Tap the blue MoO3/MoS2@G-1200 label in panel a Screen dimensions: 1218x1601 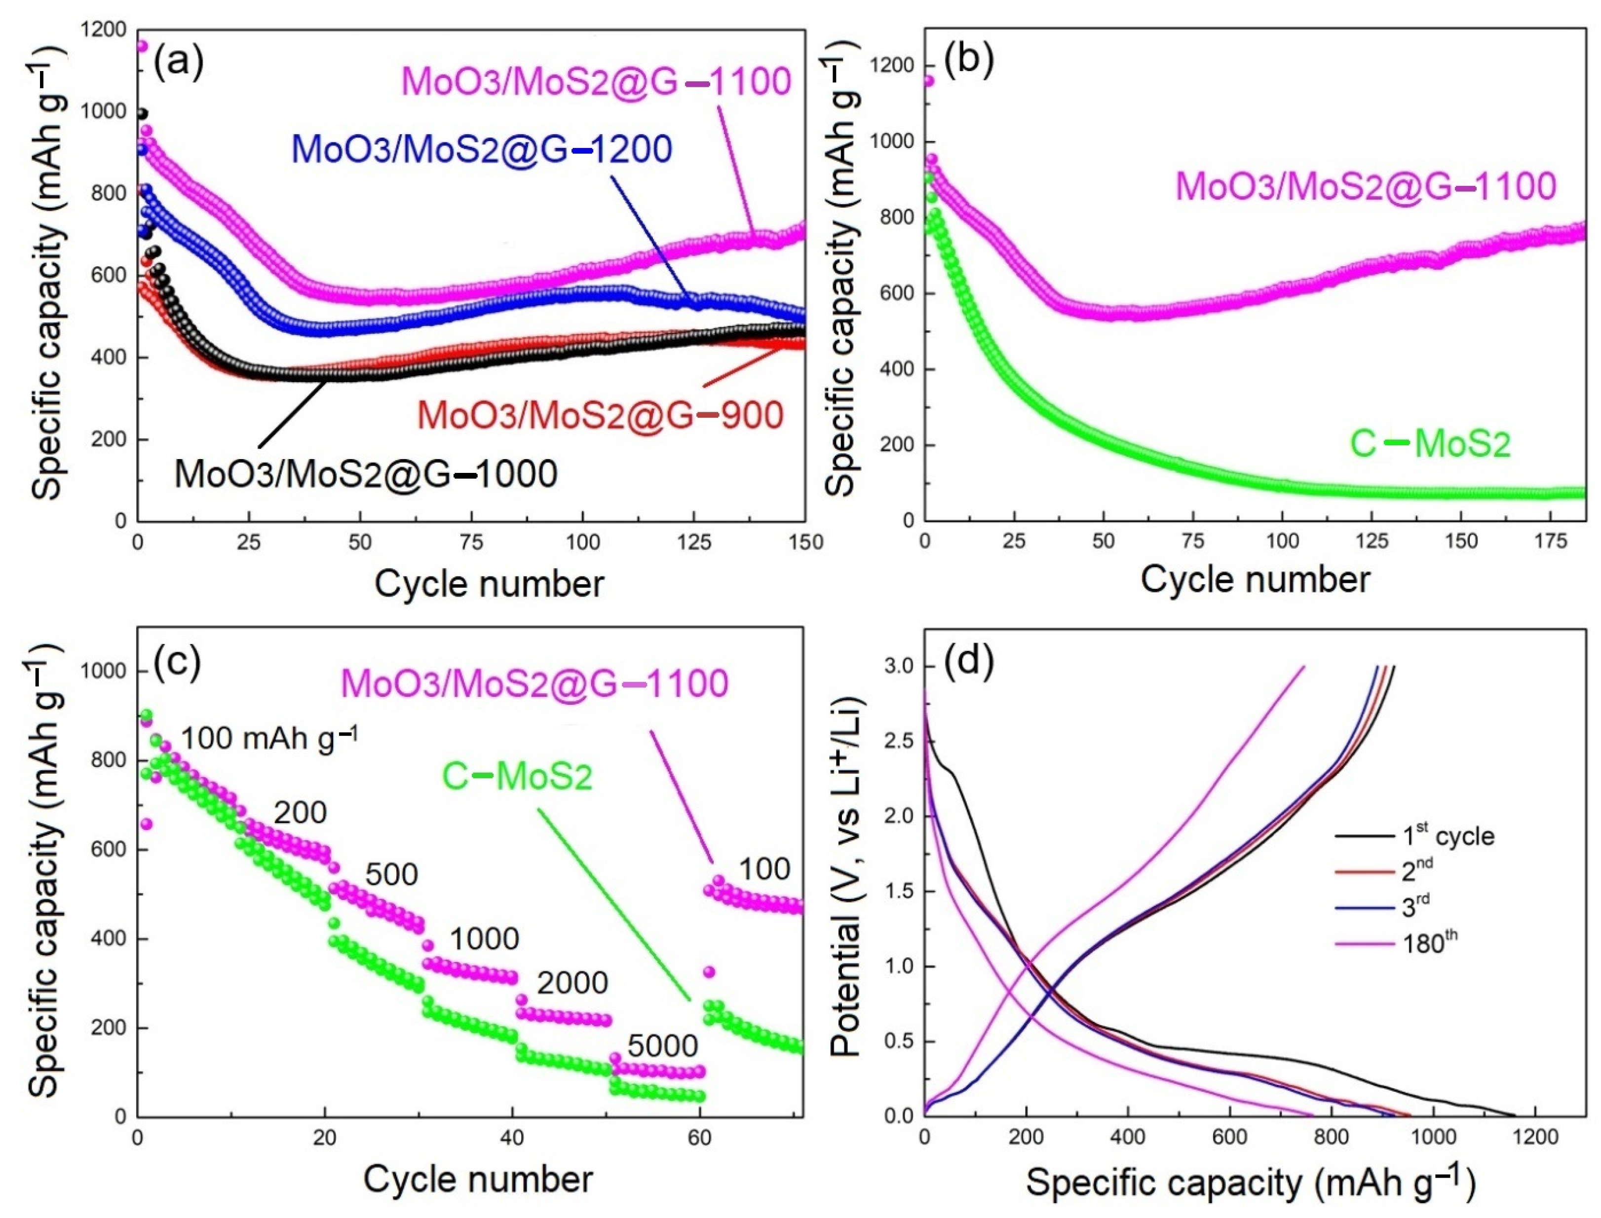click(x=482, y=149)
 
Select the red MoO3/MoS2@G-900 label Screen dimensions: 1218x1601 click(x=600, y=415)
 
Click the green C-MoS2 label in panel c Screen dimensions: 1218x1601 click(x=517, y=777)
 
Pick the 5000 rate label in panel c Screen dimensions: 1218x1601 click(x=662, y=1045)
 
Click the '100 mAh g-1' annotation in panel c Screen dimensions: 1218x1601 click(x=268, y=738)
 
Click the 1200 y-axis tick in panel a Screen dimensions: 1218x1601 click(x=105, y=30)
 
